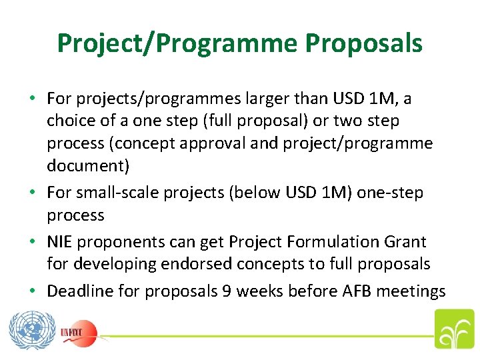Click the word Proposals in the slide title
point(363,43)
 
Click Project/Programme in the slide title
point(178,43)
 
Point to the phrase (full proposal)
point(239,121)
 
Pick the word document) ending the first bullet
point(86,165)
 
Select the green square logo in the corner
point(453,329)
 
